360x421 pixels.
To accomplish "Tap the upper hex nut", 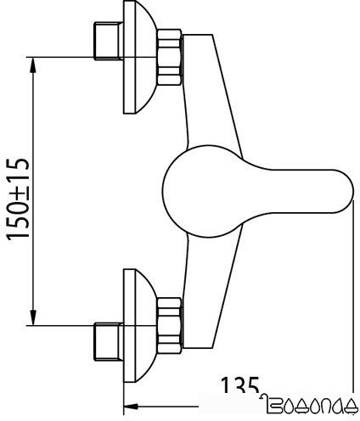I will [171, 57].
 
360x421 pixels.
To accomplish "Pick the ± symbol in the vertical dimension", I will [20, 203].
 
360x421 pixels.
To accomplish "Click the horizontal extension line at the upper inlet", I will [59, 56].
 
